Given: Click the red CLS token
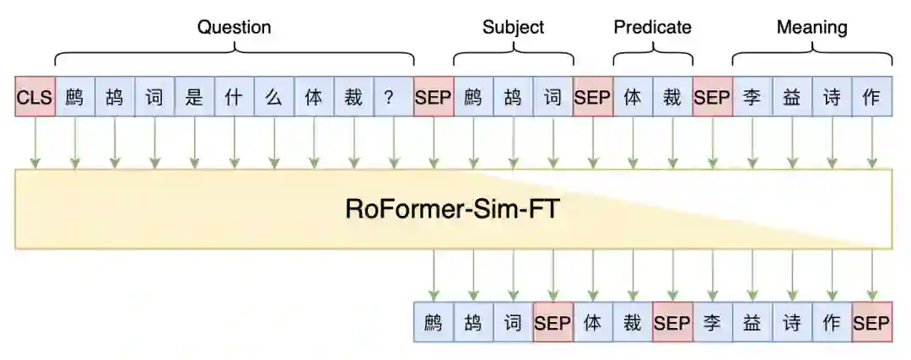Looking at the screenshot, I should [x=35, y=98].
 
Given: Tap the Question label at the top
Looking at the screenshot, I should [x=234, y=27].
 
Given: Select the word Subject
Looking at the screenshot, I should [x=513, y=27].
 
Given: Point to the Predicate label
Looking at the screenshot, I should [x=652, y=27].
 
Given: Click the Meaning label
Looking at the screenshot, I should [x=811, y=27].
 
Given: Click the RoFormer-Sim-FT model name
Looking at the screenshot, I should [x=452, y=209].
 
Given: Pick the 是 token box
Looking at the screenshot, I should [x=194, y=98].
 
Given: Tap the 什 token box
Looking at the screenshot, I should [x=234, y=98].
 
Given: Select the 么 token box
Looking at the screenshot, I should [x=273, y=98].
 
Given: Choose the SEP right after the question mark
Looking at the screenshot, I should [x=434, y=98].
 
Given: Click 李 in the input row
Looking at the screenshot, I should [x=752, y=98].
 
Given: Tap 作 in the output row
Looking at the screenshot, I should [x=832, y=322].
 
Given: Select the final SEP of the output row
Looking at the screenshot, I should [x=871, y=322].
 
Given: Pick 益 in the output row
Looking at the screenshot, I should [x=752, y=322].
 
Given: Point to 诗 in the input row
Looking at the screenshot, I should [x=832, y=98].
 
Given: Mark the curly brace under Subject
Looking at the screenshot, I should [x=513, y=56].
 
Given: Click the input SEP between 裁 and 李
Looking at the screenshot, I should [x=712, y=98].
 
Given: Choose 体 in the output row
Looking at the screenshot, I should [x=593, y=322].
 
